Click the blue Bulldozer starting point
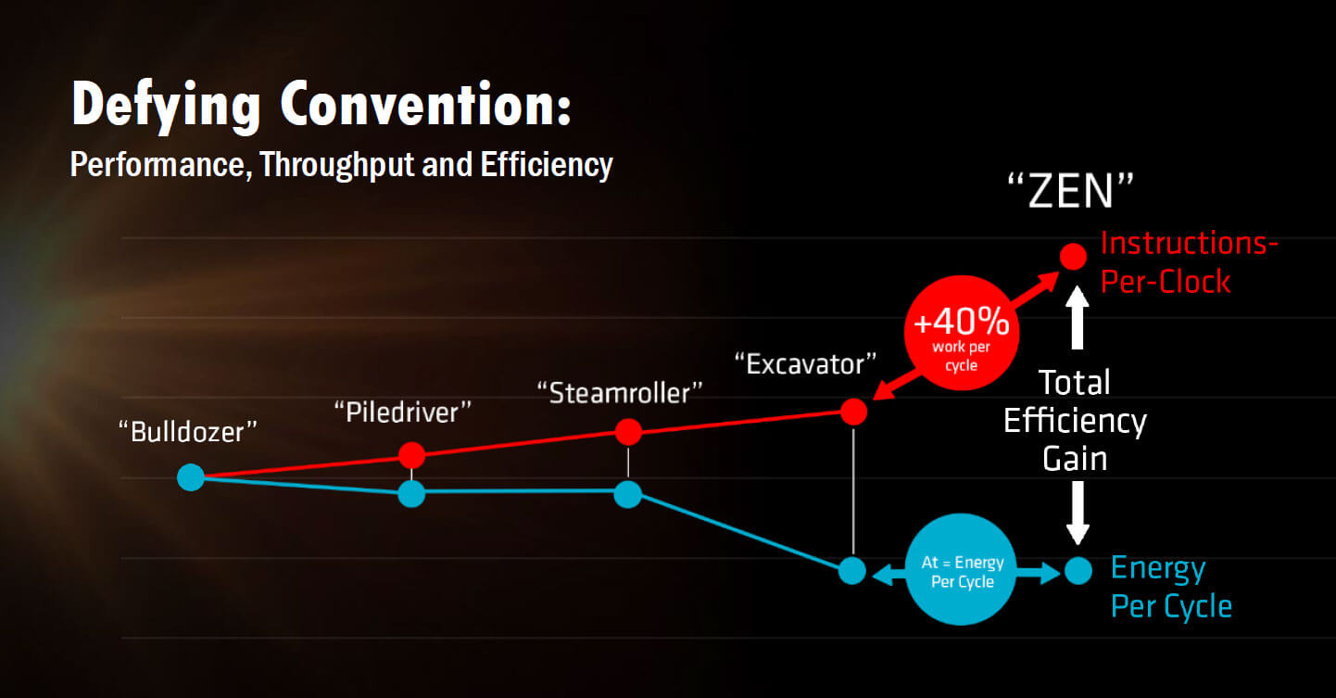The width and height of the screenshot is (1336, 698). point(191,477)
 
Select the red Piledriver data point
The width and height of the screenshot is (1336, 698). point(411,456)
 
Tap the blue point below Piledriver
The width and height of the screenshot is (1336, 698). point(411,494)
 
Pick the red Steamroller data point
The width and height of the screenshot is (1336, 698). point(628,432)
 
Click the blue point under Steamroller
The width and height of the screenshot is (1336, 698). point(627,494)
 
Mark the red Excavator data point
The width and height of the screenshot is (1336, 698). point(853,412)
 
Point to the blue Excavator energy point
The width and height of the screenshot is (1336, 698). point(852,571)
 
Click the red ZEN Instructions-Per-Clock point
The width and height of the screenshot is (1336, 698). point(1074,257)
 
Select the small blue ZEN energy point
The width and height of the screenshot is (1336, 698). point(1078,571)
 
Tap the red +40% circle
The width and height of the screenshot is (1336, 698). point(962,333)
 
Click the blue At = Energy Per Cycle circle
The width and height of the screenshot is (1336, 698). point(962,569)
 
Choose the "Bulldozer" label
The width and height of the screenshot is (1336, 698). point(188,432)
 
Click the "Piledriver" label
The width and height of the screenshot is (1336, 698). point(403,412)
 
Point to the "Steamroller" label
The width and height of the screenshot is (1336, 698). point(620,393)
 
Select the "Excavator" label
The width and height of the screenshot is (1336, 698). point(805,364)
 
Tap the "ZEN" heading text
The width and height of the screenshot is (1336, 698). point(1071,191)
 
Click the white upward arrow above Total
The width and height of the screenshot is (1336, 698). point(1078,317)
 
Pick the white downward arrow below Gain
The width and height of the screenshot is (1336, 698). point(1078,513)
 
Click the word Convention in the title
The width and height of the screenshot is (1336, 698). point(426,105)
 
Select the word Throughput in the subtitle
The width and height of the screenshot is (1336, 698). point(337,165)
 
